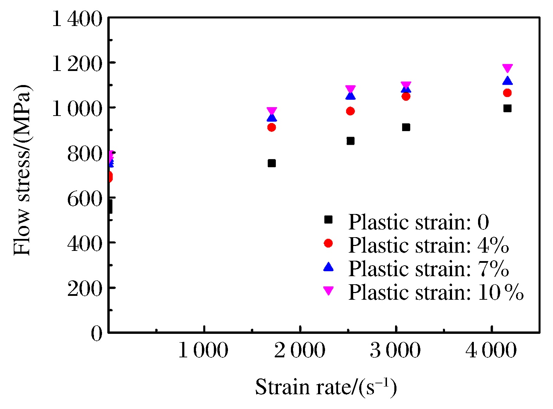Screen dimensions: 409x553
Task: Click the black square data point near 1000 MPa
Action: [507, 108]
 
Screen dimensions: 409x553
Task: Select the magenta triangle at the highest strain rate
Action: [507, 68]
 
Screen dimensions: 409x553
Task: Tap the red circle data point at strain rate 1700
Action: [272, 127]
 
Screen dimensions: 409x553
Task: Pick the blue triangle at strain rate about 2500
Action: [350, 96]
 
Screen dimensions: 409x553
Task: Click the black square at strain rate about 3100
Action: [406, 127]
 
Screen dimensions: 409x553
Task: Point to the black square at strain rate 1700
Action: [272, 163]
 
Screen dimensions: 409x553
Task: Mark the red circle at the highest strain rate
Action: [507, 93]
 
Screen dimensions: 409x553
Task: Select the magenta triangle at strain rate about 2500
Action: [350, 89]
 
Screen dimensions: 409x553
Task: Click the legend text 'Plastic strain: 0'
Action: [419, 222]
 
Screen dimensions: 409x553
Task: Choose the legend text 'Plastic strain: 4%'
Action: [428, 245]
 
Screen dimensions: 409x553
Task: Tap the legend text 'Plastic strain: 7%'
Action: [428, 269]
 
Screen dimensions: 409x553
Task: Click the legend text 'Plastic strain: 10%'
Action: [436, 292]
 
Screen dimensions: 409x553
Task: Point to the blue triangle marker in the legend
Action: [328, 267]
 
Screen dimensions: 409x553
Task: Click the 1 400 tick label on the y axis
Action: [77, 19]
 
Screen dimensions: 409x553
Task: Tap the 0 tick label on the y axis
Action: [96, 333]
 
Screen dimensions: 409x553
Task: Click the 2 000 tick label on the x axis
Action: [300, 351]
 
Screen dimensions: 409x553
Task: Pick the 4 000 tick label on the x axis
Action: [491, 351]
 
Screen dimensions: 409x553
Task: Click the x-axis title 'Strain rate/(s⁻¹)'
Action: [326, 387]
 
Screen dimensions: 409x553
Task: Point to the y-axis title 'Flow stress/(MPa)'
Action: [22, 170]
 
